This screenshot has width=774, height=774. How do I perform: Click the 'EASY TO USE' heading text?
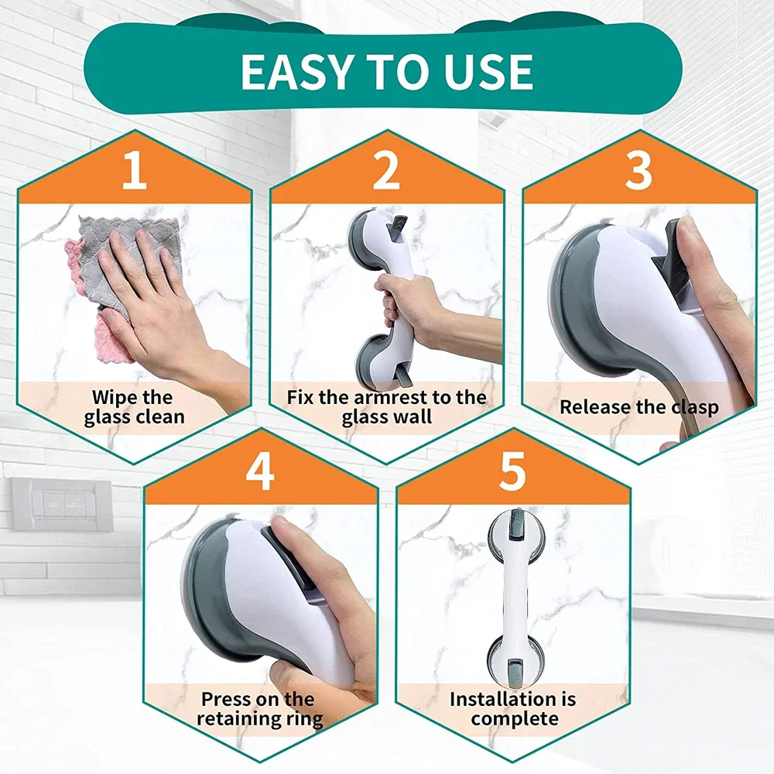386,71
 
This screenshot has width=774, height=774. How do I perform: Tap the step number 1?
134,172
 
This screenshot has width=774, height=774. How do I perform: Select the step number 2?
386,172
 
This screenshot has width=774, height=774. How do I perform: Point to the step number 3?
639,172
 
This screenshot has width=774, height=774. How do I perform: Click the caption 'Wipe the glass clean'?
134,407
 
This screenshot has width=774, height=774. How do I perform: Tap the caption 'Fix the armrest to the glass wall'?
386,407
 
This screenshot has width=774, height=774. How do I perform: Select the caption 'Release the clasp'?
639,407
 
